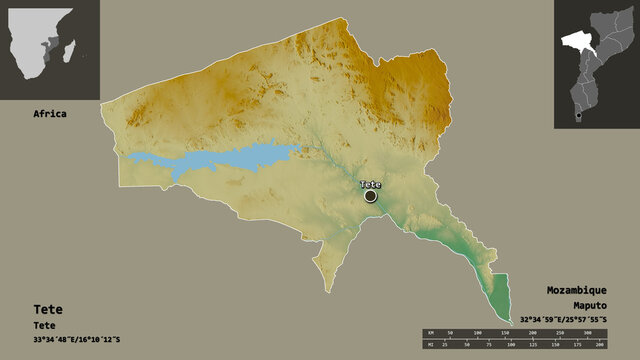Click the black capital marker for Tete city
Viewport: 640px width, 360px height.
coord(371,197)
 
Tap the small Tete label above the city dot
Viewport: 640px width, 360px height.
coord(371,184)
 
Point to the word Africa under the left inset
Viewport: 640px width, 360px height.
coord(50,114)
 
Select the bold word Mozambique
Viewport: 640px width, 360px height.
coord(577,287)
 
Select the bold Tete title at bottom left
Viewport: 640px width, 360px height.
coord(47,310)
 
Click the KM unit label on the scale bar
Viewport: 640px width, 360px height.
coord(428,331)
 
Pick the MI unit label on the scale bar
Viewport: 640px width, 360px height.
coord(428,345)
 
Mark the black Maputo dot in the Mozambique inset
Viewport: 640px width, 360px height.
coord(578,115)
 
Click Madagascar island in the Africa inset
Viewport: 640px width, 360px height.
coord(78,45)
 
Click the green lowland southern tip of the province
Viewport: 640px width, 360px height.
coord(498,295)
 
